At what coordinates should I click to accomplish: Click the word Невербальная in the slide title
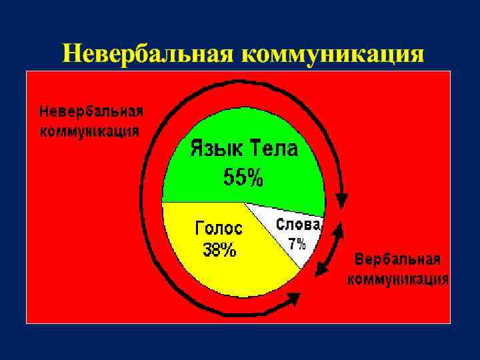click(149, 53)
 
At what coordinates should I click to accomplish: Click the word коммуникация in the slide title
click(332, 53)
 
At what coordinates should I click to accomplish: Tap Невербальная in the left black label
click(91, 111)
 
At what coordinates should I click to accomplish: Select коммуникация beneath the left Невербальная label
click(90, 130)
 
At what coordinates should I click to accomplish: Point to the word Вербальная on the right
click(397, 259)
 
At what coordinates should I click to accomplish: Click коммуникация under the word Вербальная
click(397, 279)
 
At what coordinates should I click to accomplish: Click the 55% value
click(243, 177)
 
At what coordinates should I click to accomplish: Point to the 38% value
click(219, 250)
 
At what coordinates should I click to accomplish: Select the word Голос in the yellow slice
click(219, 229)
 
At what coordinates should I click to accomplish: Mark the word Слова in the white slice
click(298, 225)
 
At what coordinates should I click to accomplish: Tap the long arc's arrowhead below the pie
click(291, 302)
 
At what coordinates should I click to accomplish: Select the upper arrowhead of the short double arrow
click(339, 230)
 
